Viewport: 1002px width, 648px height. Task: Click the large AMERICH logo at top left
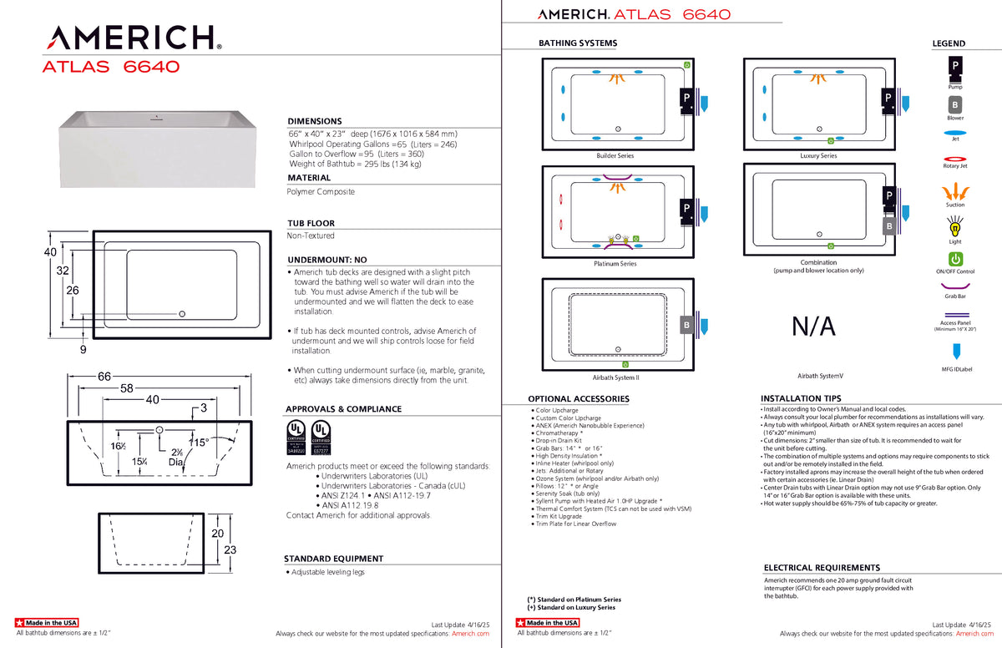[132, 38]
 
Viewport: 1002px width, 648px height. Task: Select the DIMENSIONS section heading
[315, 121]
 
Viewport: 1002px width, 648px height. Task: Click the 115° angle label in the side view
[199, 443]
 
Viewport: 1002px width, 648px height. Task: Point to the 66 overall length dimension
[104, 377]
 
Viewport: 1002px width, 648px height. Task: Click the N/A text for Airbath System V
[813, 326]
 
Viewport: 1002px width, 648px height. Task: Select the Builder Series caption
[615, 156]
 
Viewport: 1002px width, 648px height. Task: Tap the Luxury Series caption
[817, 156]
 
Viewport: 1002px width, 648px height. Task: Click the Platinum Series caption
[615, 264]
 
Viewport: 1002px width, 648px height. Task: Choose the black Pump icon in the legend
[954, 66]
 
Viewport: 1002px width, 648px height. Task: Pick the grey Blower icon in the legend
[954, 105]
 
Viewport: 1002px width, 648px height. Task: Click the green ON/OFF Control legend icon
[955, 260]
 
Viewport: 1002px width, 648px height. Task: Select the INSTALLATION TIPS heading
[801, 398]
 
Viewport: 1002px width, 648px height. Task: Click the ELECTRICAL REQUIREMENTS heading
[822, 568]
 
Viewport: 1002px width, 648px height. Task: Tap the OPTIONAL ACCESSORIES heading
[579, 399]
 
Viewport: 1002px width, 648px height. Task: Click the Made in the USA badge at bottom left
[47, 623]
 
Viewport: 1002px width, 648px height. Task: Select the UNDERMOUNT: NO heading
[326, 260]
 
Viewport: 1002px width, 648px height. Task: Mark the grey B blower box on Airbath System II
[686, 324]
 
